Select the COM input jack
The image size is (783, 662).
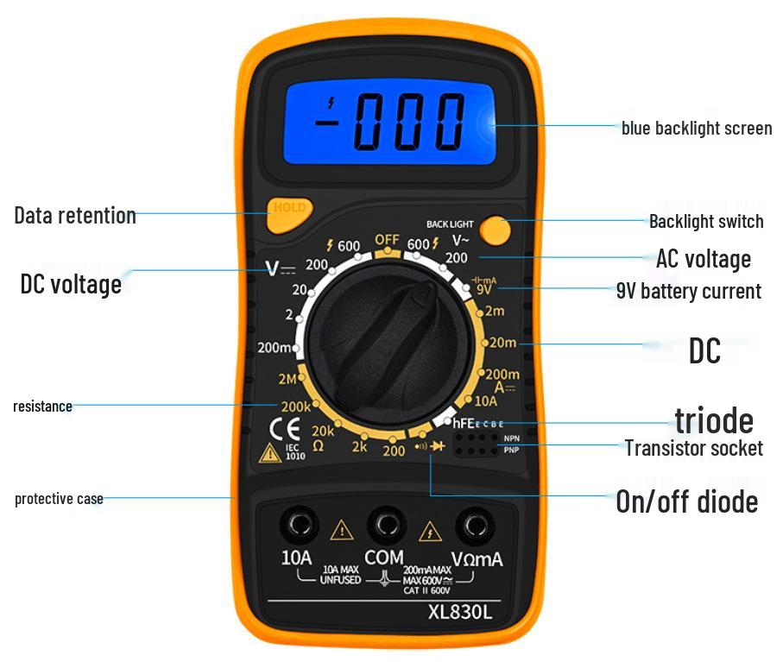385,523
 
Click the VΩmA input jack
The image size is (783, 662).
474,523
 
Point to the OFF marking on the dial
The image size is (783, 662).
387,239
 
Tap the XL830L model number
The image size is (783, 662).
461,614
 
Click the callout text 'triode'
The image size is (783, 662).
713,420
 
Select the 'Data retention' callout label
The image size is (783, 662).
75,215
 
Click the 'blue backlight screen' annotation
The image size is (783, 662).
697,129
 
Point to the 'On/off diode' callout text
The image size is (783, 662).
686,501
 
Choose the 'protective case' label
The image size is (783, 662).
59,499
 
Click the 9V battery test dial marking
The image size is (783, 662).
484,290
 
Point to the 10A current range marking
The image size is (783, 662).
486,400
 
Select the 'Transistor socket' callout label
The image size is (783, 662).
693,448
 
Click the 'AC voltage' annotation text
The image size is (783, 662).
703,259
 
